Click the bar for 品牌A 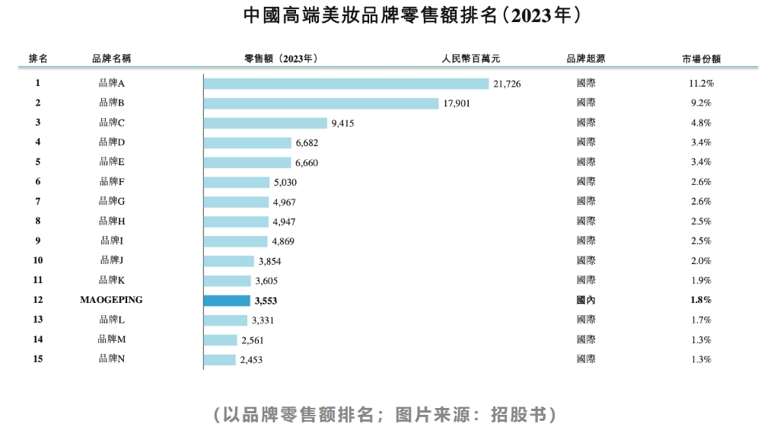tap(346, 84)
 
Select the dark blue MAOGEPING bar tap(227, 300)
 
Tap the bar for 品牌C tap(266, 123)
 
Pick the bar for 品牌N tap(220, 359)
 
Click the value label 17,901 tap(457, 104)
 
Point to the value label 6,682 tap(309, 143)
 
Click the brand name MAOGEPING tap(111, 300)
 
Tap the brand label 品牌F tap(111, 182)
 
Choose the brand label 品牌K tap(111, 280)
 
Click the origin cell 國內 tap(586, 300)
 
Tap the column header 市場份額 tap(701, 59)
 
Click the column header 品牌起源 tap(586, 59)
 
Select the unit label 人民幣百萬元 tap(472, 59)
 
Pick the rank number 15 tap(37, 359)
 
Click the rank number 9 tap(37, 241)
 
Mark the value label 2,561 tap(251, 340)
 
